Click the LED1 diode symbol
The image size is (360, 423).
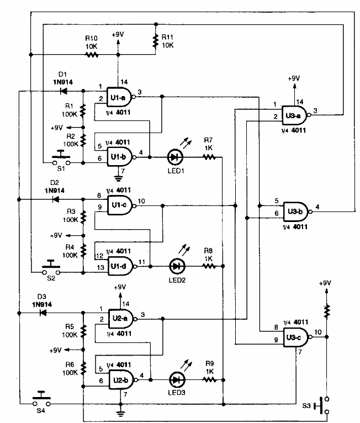(x=175, y=157)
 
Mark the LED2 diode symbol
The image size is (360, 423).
(x=176, y=266)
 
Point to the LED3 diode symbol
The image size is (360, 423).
(x=176, y=380)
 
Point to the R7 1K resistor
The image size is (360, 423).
(x=208, y=157)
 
